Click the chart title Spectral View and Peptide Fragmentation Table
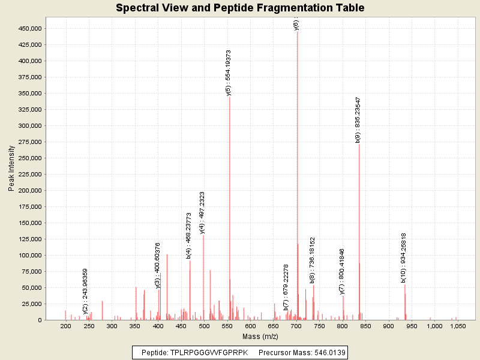[240, 8]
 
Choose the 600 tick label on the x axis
[251, 326]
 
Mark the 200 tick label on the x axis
[66, 326]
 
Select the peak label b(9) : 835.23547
[358, 119]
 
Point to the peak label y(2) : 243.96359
[86, 291]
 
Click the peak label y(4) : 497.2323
[202, 212]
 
